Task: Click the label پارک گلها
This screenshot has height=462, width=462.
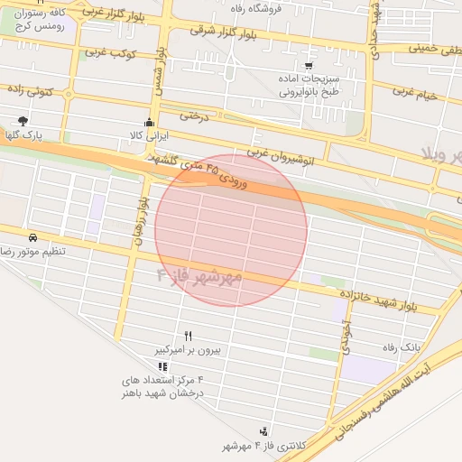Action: (x=27, y=135)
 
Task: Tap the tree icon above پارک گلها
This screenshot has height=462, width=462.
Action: (x=23, y=121)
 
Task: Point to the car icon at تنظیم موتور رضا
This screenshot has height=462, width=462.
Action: (x=32, y=237)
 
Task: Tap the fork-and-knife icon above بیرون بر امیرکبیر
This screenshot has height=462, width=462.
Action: (x=188, y=335)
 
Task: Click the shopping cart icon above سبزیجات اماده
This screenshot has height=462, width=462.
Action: (x=310, y=66)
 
